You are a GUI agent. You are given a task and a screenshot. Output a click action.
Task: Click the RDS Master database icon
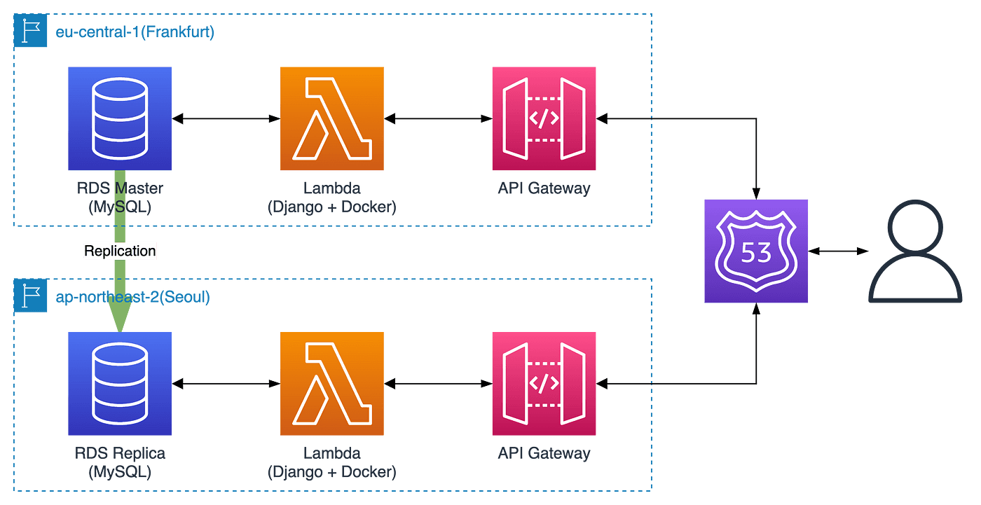pyautogui.click(x=120, y=118)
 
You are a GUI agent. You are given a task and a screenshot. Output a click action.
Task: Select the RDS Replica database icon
pyautogui.click(x=120, y=384)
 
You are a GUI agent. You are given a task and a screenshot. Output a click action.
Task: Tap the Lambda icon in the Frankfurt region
pyautogui.click(x=332, y=118)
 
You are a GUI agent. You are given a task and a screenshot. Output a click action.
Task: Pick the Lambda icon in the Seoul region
pyautogui.click(x=332, y=384)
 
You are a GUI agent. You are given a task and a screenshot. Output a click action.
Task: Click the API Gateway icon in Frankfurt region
pyautogui.click(x=544, y=118)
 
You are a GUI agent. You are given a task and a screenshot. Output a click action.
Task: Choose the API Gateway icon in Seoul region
pyautogui.click(x=544, y=384)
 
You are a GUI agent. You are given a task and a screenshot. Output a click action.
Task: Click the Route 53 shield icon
pyautogui.click(x=757, y=251)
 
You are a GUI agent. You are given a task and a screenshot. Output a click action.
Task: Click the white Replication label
pyautogui.click(x=120, y=251)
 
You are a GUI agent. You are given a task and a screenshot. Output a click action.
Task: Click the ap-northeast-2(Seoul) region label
pyautogui.click(x=133, y=297)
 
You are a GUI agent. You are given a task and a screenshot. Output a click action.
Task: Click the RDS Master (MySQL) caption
pyautogui.click(x=120, y=198)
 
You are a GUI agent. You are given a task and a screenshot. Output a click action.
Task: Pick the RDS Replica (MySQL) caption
pyautogui.click(x=120, y=462)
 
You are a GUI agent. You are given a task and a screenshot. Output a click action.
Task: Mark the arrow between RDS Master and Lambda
pyautogui.click(x=226, y=119)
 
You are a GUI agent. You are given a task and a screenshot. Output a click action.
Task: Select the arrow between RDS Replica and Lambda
pyautogui.click(x=226, y=384)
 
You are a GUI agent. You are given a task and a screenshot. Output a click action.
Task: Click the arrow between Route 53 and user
pyautogui.click(x=838, y=251)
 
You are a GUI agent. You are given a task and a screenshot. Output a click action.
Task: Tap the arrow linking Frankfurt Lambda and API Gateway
pyautogui.click(x=438, y=119)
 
